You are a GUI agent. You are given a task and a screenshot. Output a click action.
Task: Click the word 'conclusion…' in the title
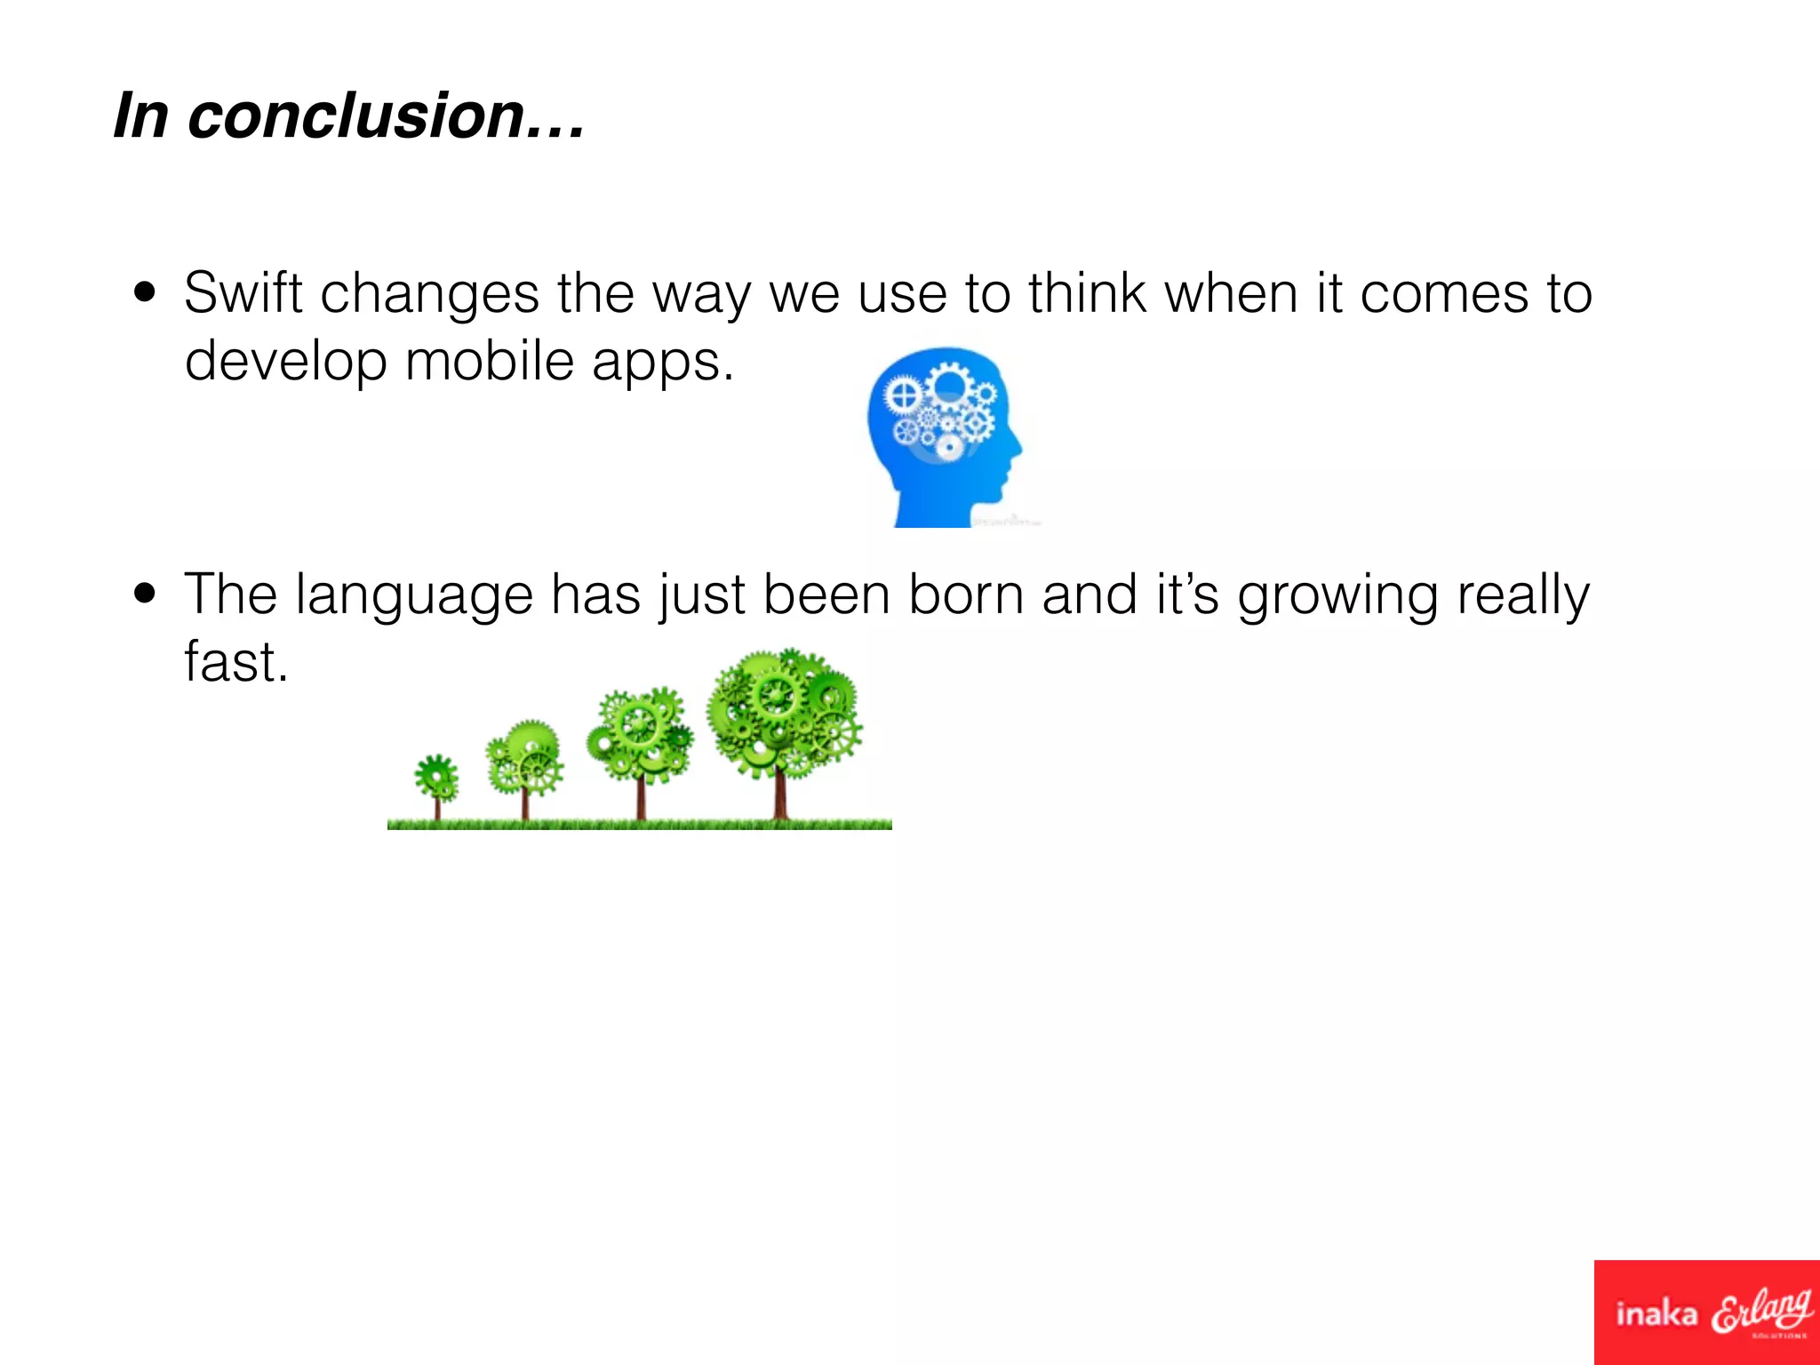[x=387, y=116]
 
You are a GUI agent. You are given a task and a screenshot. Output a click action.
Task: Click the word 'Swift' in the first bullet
[x=243, y=292]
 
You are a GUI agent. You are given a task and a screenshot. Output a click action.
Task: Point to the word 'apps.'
[x=663, y=363]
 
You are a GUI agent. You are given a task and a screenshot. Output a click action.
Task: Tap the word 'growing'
[x=1337, y=595]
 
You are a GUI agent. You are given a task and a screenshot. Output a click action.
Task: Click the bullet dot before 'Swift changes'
[x=145, y=292]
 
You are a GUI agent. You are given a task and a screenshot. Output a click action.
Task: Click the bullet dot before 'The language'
[x=145, y=594]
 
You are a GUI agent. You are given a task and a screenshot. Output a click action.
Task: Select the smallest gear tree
[x=436, y=782]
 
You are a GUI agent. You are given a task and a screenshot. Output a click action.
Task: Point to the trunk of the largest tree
[x=780, y=795]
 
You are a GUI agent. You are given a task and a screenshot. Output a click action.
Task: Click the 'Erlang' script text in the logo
[x=1761, y=1310]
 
